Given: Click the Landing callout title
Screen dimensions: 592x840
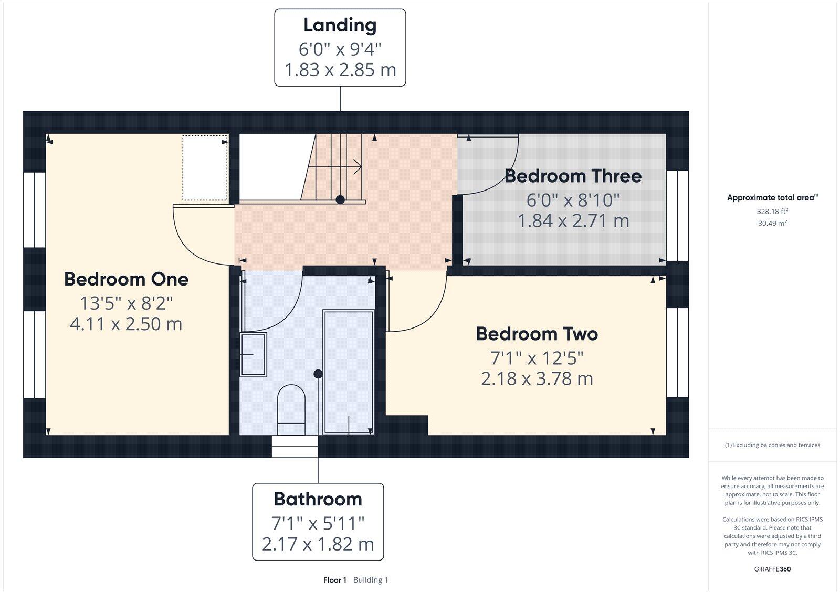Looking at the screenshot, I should pyautogui.click(x=340, y=25).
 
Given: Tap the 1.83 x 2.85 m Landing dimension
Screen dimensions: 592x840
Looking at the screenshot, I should pyautogui.click(x=340, y=70).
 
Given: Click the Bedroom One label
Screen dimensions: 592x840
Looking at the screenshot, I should pyautogui.click(x=126, y=279).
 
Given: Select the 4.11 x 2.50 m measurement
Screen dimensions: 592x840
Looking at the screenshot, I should pyautogui.click(x=126, y=324).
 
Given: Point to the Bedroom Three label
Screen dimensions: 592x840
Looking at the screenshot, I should pyautogui.click(x=573, y=176).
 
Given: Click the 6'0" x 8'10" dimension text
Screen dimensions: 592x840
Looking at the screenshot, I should pyautogui.click(x=573, y=200).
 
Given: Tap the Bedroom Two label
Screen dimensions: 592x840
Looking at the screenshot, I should pyautogui.click(x=537, y=334).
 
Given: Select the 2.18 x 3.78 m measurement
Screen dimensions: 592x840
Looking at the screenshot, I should pyautogui.click(x=537, y=378).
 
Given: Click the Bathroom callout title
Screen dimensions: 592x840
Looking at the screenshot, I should pyautogui.click(x=318, y=499).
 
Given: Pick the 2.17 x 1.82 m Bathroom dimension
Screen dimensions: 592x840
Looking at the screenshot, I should pyautogui.click(x=318, y=544).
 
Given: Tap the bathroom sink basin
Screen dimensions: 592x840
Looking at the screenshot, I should pyautogui.click(x=253, y=355).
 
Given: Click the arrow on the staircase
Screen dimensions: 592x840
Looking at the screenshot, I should pyautogui.click(x=357, y=167).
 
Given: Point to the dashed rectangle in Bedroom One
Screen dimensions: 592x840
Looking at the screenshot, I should pyautogui.click(x=205, y=167).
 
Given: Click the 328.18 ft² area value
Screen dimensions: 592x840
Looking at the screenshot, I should pyautogui.click(x=772, y=212).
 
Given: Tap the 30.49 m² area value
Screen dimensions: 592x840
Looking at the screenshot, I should pyautogui.click(x=772, y=223).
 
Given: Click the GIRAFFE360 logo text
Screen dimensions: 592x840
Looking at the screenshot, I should pyautogui.click(x=772, y=569).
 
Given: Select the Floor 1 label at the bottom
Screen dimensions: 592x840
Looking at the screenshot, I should pyautogui.click(x=335, y=580).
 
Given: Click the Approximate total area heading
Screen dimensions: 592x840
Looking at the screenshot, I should pyautogui.click(x=771, y=198).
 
